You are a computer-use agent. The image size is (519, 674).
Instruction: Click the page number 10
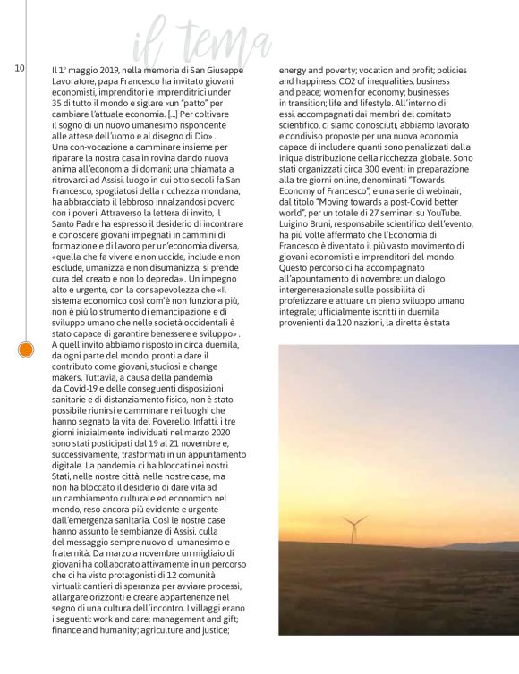click(19, 68)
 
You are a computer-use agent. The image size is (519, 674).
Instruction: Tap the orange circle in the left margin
click(27, 350)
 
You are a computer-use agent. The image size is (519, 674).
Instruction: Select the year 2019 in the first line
click(105, 69)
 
